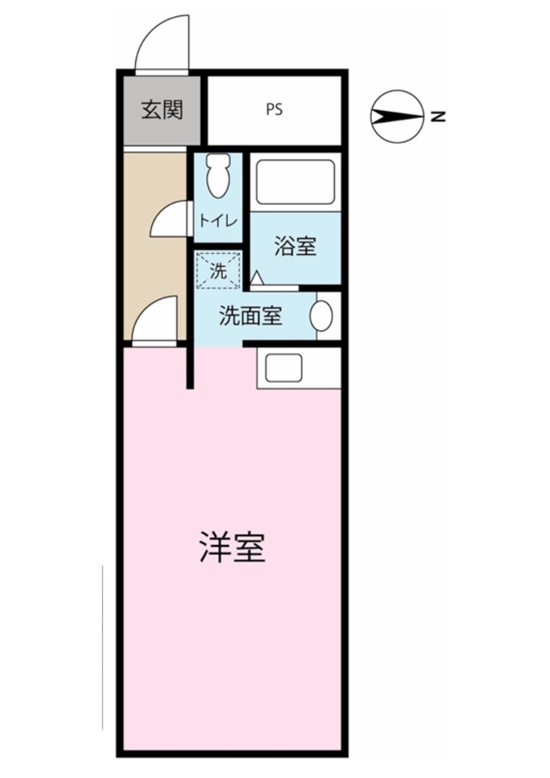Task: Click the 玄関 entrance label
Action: (x=162, y=111)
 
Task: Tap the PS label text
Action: (x=274, y=110)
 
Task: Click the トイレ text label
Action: (x=218, y=221)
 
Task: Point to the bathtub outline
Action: (x=295, y=182)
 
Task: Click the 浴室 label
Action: (x=295, y=246)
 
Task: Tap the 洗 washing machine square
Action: (x=218, y=271)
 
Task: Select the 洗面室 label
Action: (x=250, y=316)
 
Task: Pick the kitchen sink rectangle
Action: (x=283, y=368)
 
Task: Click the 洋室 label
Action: (x=232, y=552)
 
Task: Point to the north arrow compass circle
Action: (x=398, y=116)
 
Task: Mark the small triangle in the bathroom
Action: (x=257, y=278)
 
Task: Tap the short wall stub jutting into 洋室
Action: (x=190, y=368)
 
